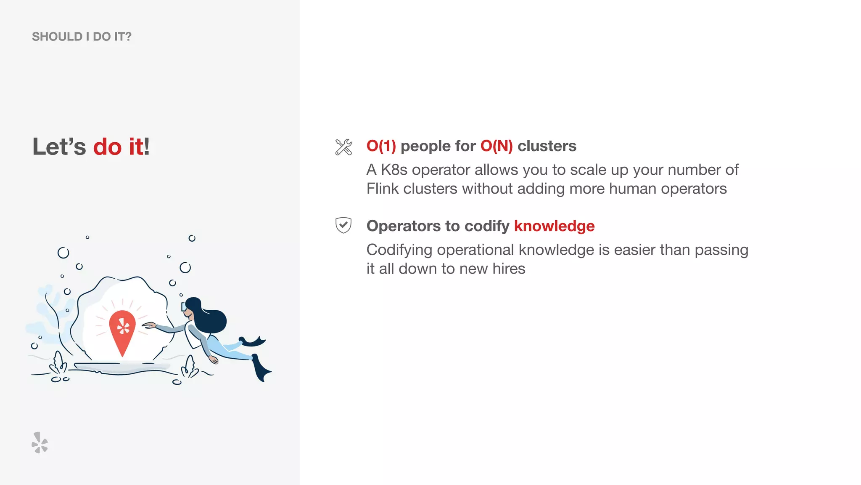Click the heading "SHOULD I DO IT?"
point(82,37)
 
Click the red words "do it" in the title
point(118,147)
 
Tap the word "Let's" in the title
point(59,147)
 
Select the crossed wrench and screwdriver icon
point(343,147)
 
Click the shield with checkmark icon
point(343,225)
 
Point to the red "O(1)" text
point(381,146)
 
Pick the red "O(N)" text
point(497,146)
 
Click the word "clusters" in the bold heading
point(547,146)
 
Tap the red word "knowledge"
point(554,226)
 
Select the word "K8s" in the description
point(394,170)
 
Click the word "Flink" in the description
point(382,189)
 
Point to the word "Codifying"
point(399,250)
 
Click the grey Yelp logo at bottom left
point(40,442)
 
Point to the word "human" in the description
point(632,189)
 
